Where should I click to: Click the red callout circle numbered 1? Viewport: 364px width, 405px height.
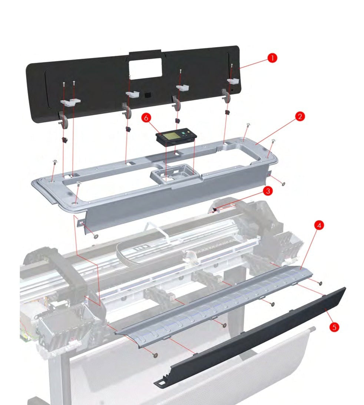272,58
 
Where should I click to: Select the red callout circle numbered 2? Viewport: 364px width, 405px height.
300,116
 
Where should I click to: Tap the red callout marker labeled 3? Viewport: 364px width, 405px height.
268,191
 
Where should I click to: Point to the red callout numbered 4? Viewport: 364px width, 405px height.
319,225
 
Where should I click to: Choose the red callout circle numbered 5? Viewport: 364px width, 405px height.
335,327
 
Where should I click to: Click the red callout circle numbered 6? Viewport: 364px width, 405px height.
146,118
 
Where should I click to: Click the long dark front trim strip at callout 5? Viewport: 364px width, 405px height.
256,336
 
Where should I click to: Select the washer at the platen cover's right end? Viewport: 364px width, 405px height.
320,283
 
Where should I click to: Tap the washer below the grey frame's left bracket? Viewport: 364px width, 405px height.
96,236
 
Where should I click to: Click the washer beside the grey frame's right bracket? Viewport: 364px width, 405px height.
284,184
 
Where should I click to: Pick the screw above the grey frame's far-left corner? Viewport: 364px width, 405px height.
54,162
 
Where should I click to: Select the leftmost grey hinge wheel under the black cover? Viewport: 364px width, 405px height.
64,120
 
